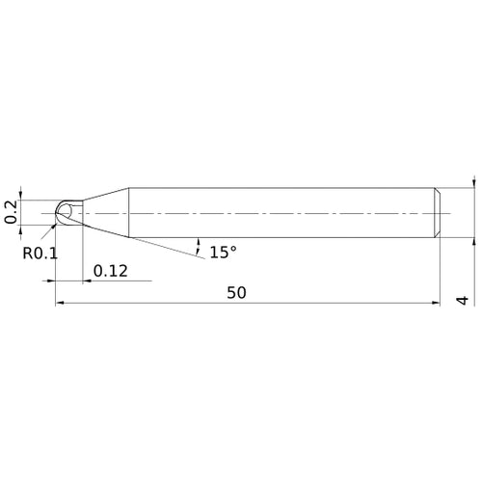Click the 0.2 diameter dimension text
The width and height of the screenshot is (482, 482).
(11, 211)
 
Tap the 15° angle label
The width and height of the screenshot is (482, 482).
(222, 252)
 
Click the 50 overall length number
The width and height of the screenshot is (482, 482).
(236, 293)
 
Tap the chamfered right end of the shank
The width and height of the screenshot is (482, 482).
(440, 211)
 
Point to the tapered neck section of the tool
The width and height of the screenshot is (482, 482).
(106, 211)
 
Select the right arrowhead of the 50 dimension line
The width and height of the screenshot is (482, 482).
(438, 304)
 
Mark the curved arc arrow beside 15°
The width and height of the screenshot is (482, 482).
(198, 242)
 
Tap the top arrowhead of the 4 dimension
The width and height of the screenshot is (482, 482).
(473, 182)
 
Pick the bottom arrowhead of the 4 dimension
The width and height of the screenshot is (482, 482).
(473, 240)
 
